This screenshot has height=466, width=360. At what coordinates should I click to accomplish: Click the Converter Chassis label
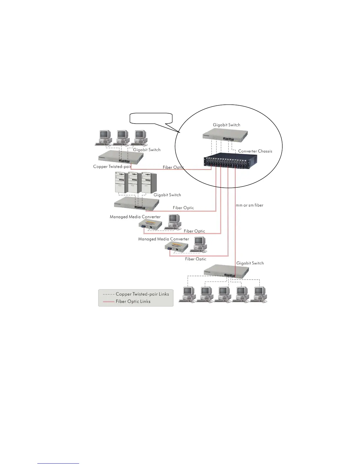coord(255,151)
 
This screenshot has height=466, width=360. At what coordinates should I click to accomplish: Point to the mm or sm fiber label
coord(249,205)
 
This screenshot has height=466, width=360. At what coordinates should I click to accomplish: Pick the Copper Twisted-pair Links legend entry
coord(136,294)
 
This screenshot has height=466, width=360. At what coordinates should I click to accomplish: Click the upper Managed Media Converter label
coord(135,217)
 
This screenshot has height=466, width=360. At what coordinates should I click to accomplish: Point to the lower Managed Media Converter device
coord(176,248)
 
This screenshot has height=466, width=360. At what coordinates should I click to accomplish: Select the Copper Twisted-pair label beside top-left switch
coord(112,167)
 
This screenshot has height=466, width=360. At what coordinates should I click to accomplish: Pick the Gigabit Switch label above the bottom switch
coord(250,263)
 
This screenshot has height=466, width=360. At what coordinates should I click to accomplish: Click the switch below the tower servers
coord(136,203)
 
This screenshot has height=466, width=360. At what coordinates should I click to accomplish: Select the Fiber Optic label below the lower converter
coord(196,259)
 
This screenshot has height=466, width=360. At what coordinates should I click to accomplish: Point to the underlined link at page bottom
coord(58,464)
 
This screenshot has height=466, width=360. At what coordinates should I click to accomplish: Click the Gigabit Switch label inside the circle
coord(226,125)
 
